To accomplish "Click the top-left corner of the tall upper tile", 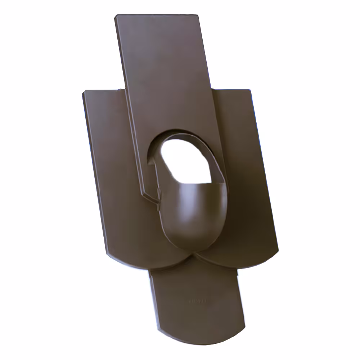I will [x=116, y=16].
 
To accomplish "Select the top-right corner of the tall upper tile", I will [x=198, y=15].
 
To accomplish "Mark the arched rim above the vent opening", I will [x=180, y=134].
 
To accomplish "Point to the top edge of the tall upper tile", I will [x=157, y=15].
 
